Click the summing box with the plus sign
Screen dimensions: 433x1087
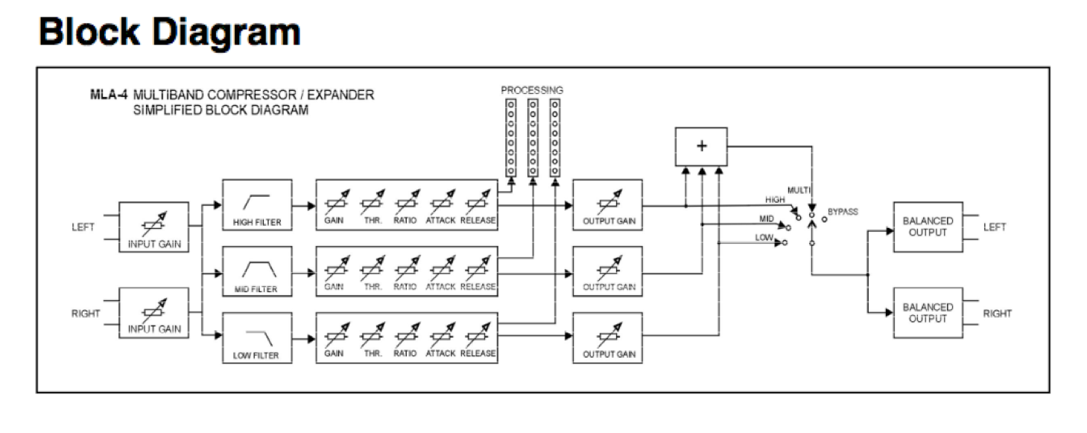click(x=700, y=147)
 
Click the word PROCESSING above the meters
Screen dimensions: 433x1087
click(x=533, y=90)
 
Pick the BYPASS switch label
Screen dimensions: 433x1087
click(x=842, y=212)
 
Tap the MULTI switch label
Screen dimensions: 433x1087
click(x=800, y=192)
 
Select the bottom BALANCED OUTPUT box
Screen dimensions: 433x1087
click(x=927, y=313)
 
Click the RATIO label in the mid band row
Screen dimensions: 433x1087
click(x=406, y=287)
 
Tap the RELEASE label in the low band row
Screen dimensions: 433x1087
click(x=478, y=353)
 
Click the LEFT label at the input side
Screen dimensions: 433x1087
click(x=82, y=228)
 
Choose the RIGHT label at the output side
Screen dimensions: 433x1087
click(x=997, y=314)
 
